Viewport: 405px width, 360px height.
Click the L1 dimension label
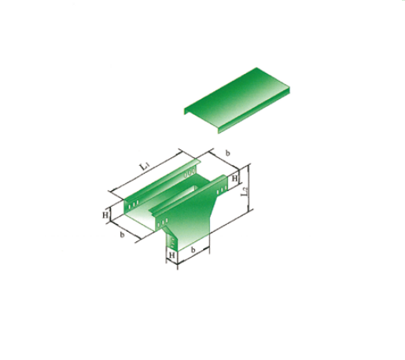pyautogui.click(x=143, y=166)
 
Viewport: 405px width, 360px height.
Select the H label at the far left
pyautogui.click(x=105, y=215)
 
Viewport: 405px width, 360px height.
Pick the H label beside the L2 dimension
pyautogui.click(x=234, y=178)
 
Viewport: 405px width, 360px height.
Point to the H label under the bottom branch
pyautogui.click(x=171, y=255)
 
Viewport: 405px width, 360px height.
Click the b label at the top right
pyautogui.click(x=227, y=153)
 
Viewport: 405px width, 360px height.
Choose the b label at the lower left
pyautogui.click(x=122, y=235)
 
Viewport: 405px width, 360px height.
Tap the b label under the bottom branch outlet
pyautogui.click(x=193, y=250)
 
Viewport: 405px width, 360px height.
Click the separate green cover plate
pyautogui.click(x=237, y=101)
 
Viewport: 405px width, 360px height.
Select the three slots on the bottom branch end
pyautogui.click(x=172, y=243)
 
